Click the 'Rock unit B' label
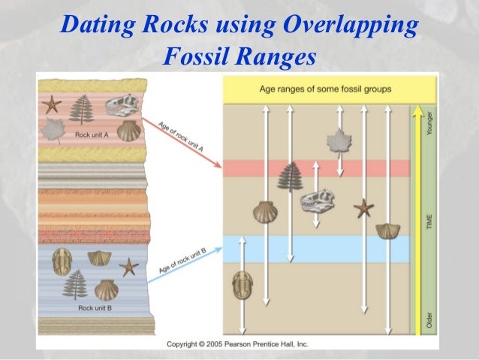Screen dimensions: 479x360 pos(95,307)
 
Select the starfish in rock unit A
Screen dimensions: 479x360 pos(52,104)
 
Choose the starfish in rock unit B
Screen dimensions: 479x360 pos(129,265)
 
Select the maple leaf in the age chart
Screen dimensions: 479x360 pos(339,141)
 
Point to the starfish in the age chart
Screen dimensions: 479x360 pos(364,207)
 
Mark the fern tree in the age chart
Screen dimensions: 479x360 pos(289,177)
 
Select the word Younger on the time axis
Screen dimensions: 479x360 pos(429,121)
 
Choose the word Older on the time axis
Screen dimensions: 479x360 pos(429,319)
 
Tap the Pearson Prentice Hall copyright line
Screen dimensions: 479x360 pos(237,344)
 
